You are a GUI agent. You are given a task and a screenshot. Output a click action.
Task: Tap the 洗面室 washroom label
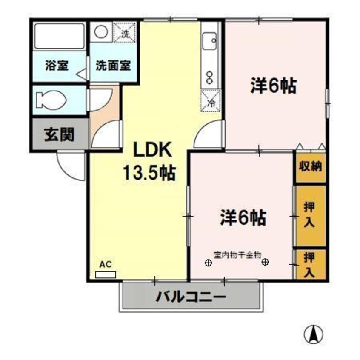[x=113, y=66]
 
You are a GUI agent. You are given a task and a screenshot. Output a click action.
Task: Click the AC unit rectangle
[x=105, y=274]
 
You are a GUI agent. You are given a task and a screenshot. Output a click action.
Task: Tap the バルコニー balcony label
[x=190, y=297]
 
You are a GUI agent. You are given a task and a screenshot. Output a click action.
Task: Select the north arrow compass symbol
[x=314, y=335]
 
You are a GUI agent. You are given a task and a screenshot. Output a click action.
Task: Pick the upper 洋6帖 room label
[x=273, y=86]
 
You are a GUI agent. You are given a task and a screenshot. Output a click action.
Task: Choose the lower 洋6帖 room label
[x=243, y=218]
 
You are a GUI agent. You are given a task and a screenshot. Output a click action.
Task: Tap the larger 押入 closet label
[x=310, y=215]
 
